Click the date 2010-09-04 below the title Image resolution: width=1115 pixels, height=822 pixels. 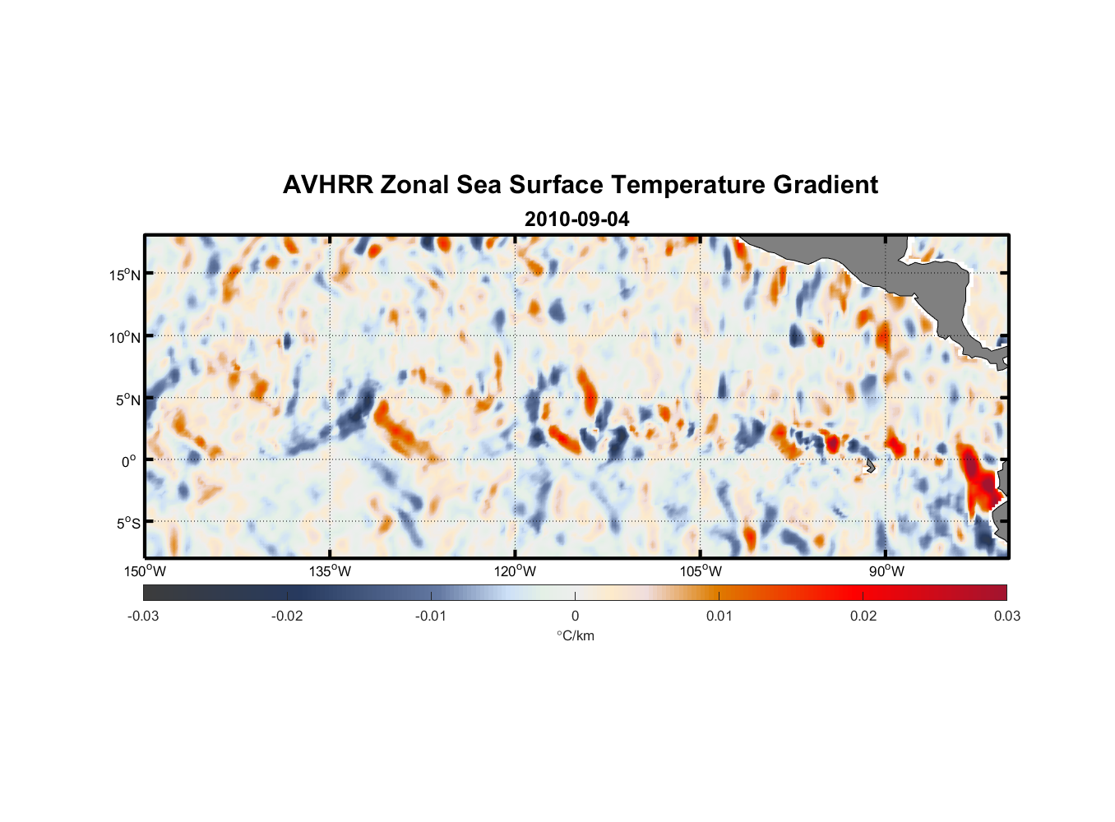click(576, 219)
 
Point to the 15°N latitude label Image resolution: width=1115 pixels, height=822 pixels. click(125, 275)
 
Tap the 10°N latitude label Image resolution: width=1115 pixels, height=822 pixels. click(125, 337)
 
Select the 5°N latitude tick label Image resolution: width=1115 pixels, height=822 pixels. click(127, 399)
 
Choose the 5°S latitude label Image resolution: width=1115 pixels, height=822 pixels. click(127, 523)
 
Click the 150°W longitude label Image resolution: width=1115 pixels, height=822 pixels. click(145, 571)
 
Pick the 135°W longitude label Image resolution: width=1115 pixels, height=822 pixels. click(330, 571)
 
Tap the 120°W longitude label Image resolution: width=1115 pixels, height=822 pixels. click(515, 571)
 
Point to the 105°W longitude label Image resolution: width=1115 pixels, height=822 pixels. click(701, 571)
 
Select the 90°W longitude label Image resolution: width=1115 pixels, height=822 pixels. click(886, 571)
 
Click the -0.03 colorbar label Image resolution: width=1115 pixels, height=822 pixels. click(143, 616)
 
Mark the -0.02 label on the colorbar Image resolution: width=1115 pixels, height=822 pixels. click(287, 616)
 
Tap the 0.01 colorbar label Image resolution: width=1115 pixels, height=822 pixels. click(719, 616)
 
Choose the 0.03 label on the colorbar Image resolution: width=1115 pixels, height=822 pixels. click(1006, 616)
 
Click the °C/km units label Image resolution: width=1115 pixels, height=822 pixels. click(576, 635)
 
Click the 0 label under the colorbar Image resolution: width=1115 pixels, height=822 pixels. click(575, 616)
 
